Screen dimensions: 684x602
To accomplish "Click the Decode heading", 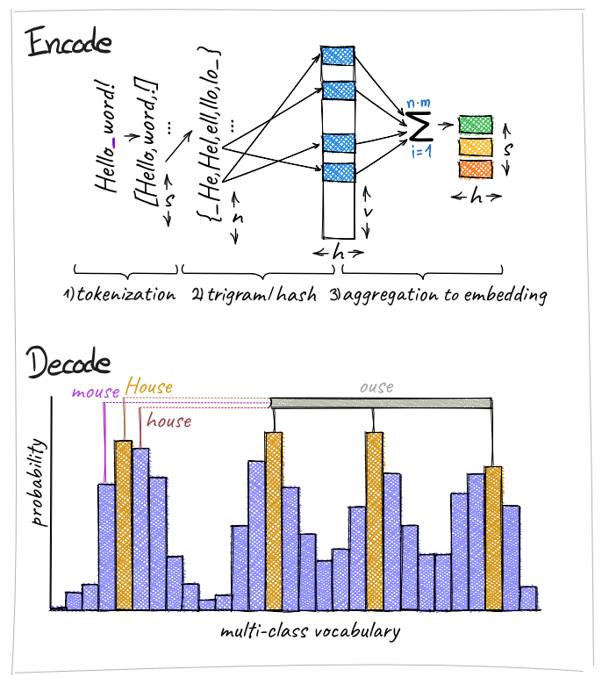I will pyautogui.click(x=69, y=363).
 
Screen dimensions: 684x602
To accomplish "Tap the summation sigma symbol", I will pyautogui.click(x=420, y=130).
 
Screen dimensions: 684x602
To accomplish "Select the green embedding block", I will pyautogui.click(x=475, y=124).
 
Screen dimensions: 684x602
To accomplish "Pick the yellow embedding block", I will pyautogui.click(x=475, y=147).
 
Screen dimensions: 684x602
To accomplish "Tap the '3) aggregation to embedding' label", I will pyautogui.click(x=438, y=295).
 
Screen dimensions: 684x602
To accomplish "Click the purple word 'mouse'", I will pyautogui.click(x=96, y=392).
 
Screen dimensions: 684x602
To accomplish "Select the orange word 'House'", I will pyautogui.click(x=149, y=386).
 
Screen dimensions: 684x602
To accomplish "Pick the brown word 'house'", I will pyautogui.click(x=169, y=421).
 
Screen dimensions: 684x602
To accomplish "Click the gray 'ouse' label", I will pyautogui.click(x=376, y=386).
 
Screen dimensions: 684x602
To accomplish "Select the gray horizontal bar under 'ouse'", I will pyautogui.click(x=380, y=403).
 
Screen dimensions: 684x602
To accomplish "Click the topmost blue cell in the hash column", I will pyautogui.click(x=337, y=55).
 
